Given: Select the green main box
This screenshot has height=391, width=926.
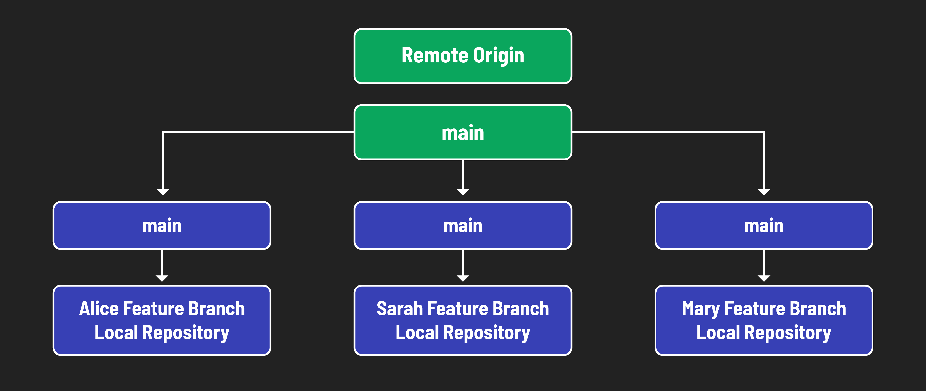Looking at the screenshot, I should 463,132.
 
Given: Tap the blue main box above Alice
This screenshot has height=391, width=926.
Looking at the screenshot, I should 162,226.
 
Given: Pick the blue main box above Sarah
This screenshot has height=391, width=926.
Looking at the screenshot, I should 463,226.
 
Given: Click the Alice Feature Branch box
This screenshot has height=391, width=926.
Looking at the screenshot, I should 162,320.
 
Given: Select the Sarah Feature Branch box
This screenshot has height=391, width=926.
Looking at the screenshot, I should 463,320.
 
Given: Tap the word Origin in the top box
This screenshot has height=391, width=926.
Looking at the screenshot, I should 498,56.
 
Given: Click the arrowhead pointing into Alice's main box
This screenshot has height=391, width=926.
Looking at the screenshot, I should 163,192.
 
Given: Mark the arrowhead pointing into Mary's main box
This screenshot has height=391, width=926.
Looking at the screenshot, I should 764,192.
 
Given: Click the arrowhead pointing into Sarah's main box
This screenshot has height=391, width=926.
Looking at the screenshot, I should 463,192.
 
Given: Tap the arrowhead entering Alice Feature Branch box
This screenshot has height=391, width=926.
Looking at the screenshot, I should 162,278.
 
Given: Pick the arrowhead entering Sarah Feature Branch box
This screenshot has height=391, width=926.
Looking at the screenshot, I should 463,278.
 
